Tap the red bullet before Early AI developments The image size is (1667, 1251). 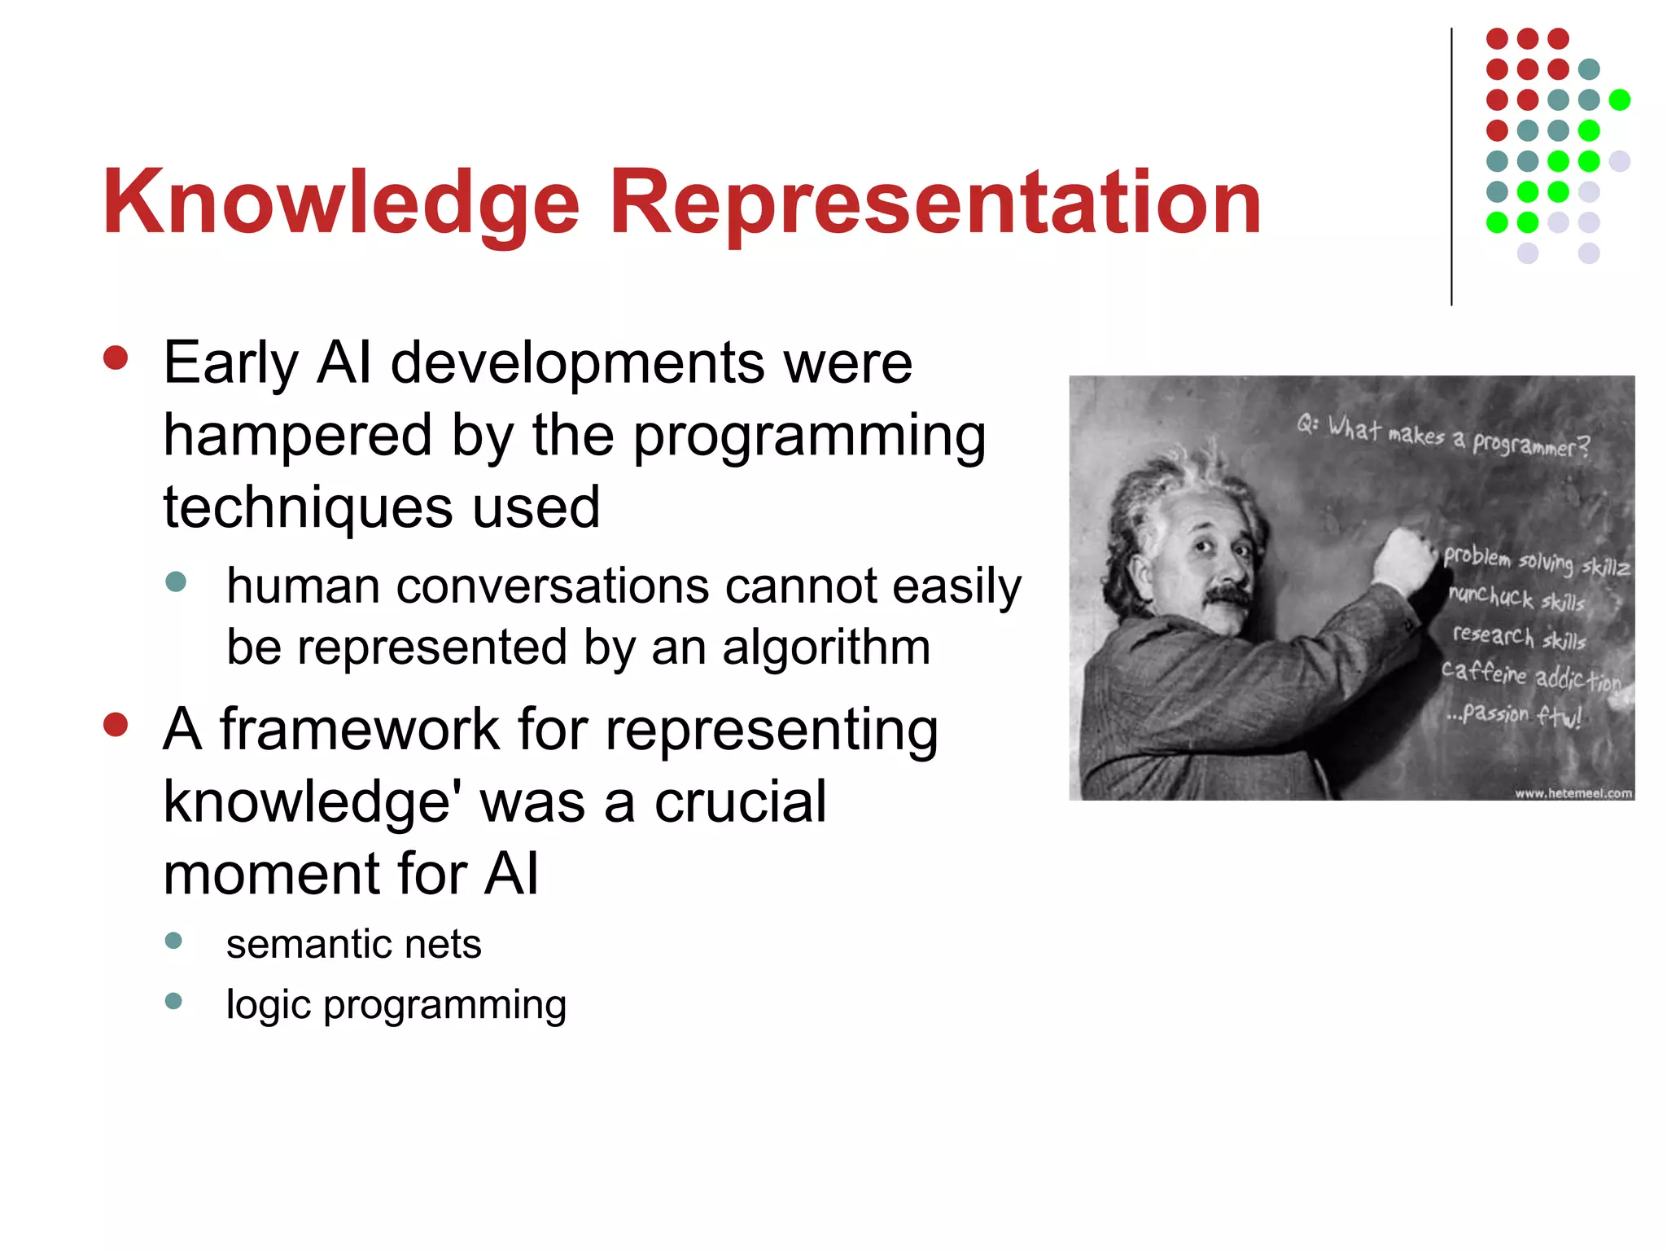click(x=116, y=359)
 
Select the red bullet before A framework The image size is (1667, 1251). click(x=116, y=725)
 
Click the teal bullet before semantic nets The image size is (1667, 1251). click(x=173, y=941)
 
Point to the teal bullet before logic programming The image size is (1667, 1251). click(x=173, y=1001)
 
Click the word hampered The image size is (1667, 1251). click(x=298, y=436)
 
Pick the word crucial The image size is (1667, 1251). click(x=740, y=801)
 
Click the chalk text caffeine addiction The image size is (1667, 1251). click(x=1530, y=676)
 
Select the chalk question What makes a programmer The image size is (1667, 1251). click(x=1442, y=437)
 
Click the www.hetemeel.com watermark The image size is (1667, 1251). click(x=1573, y=792)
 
